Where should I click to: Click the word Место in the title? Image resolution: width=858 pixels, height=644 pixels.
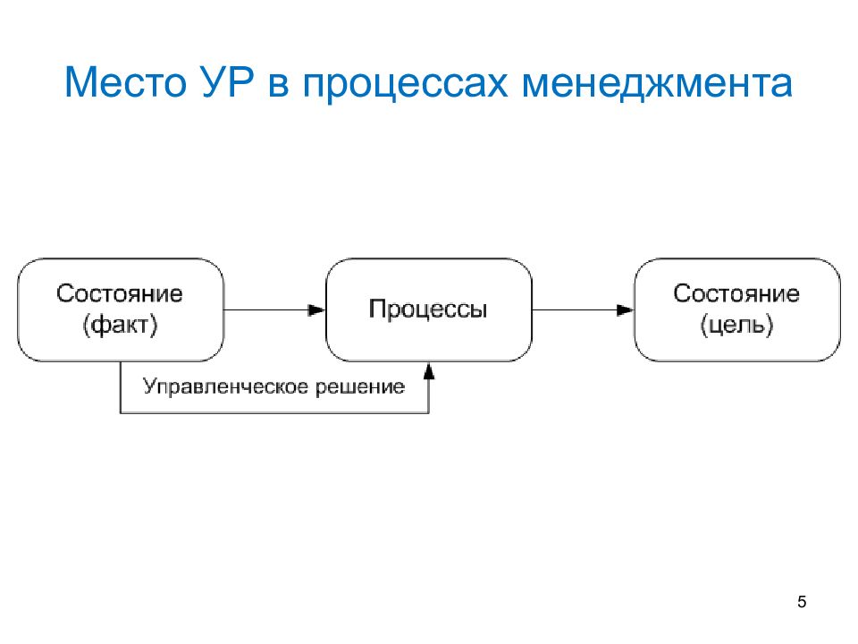click(125, 82)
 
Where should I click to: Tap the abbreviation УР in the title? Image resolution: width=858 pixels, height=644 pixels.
click(228, 82)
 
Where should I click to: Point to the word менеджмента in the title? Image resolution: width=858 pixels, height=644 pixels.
click(657, 85)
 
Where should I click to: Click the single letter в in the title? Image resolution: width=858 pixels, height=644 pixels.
click(278, 87)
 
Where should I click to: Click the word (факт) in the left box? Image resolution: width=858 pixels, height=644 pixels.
click(121, 325)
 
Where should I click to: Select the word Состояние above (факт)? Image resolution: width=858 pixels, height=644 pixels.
click(119, 293)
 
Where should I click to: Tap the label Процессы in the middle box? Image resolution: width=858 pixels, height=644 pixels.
click(428, 309)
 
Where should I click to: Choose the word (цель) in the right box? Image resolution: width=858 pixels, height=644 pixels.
click(737, 325)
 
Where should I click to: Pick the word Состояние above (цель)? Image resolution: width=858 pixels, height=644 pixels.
click(736, 293)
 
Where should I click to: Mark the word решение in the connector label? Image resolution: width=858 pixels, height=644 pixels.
click(360, 387)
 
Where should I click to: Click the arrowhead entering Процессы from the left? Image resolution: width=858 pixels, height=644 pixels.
click(316, 310)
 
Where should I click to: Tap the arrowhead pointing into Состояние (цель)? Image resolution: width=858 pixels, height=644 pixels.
click(626, 310)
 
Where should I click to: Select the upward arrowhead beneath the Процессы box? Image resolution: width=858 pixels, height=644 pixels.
click(429, 370)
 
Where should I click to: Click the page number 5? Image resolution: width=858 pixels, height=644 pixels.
click(802, 602)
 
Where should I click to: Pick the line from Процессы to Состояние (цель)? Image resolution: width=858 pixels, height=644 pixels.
click(584, 310)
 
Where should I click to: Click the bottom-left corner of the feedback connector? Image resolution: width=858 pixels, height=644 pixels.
click(121, 413)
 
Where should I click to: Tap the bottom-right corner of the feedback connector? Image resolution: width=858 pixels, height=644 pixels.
click(429, 413)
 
